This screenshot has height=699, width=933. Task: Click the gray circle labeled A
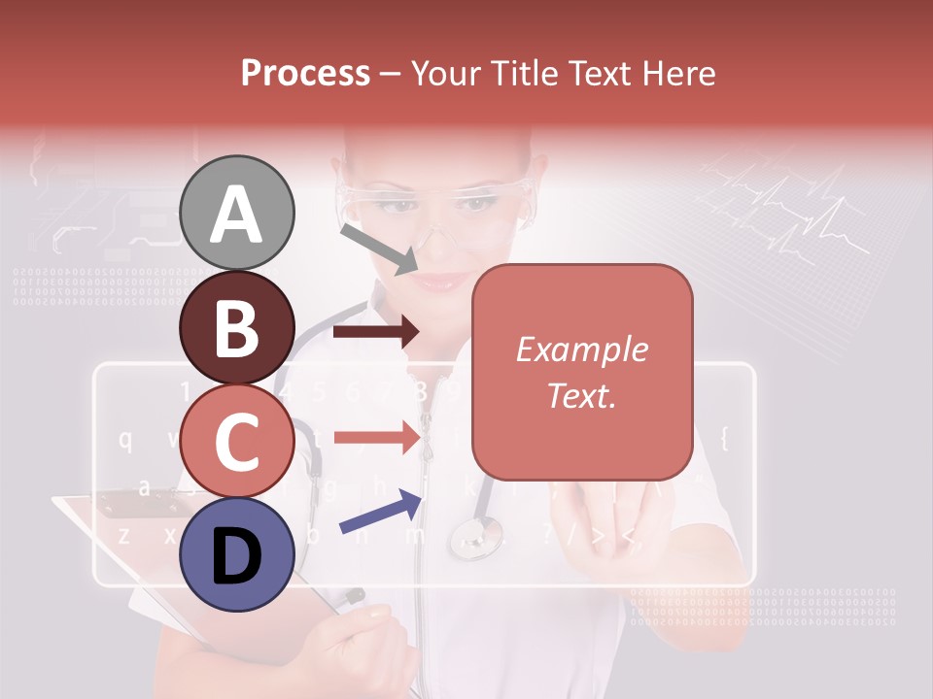pyautogui.click(x=236, y=214)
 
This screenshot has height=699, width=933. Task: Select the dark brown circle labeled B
pyautogui.click(x=236, y=327)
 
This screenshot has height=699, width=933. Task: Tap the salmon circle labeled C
pyautogui.click(x=236, y=441)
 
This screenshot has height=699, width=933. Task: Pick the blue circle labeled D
pyautogui.click(x=236, y=554)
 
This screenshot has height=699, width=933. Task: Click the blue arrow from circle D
pyautogui.click(x=380, y=513)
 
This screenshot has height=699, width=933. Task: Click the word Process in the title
pyautogui.click(x=305, y=73)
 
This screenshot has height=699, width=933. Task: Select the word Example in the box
pyautogui.click(x=581, y=349)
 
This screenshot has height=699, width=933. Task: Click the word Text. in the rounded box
pyautogui.click(x=581, y=395)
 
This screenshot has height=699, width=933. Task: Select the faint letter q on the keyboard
pyautogui.click(x=125, y=439)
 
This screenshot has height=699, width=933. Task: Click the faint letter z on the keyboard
pyautogui.click(x=123, y=534)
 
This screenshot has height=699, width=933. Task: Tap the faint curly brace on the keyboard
pyautogui.click(x=724, y=439)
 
